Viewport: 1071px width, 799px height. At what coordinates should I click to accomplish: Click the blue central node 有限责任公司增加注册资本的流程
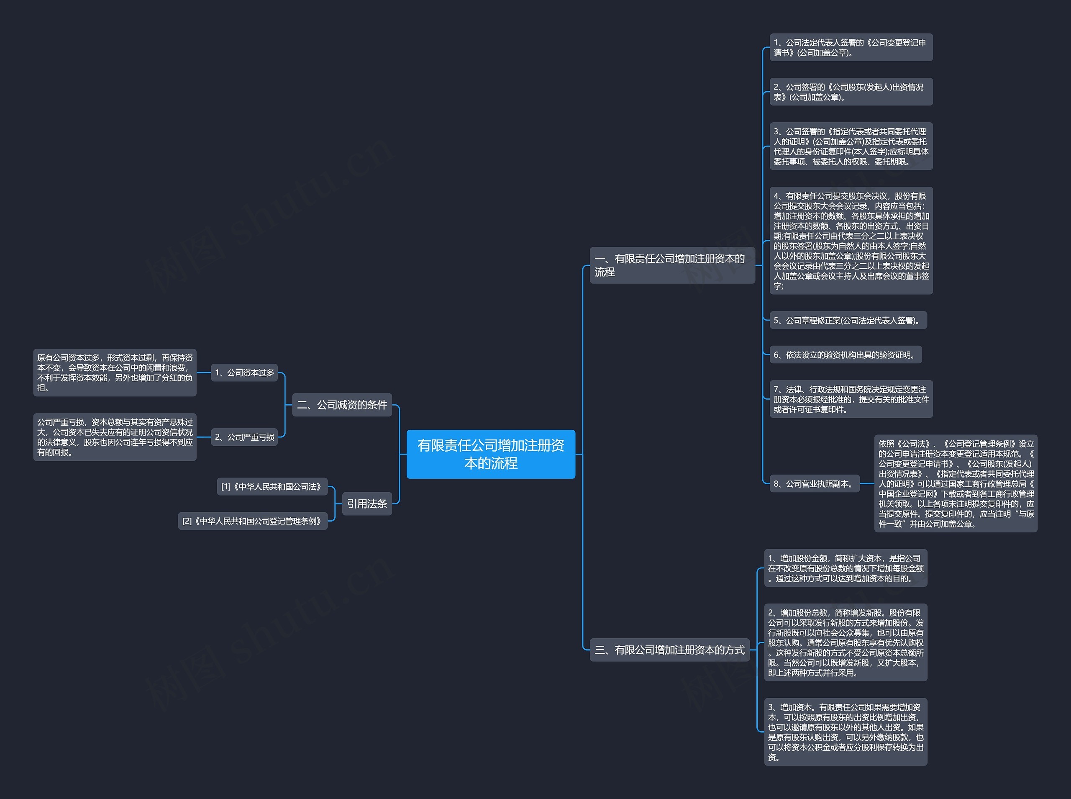[x=491, y=454]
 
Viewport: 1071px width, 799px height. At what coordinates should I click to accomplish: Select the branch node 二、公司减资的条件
[x=342, y=405]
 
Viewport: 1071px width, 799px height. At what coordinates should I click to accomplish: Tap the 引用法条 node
[x=367, y=504]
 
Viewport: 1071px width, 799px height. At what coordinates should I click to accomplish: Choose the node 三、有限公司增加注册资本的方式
[x=669, y=650]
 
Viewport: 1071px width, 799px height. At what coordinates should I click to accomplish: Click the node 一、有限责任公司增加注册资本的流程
[x=672, y=265]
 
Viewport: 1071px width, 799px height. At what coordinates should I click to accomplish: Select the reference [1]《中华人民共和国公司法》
[x=272, y=487]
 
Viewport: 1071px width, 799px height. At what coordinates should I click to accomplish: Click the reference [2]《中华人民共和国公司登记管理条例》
[x=253, y=521]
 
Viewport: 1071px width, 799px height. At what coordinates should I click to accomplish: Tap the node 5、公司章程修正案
[x=848, y=320]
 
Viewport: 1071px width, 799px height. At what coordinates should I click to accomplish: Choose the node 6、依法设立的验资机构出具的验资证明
[x=846, y=355]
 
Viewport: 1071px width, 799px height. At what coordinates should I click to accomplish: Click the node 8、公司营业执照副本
[x=815, y=484]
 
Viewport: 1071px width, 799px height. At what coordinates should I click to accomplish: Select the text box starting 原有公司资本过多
[x=115, y=373]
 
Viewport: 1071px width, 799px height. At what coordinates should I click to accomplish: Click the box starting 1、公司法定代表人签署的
[x=851, y=47]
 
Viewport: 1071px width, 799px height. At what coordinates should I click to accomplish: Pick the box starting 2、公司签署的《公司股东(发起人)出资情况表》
[x=851, y=92]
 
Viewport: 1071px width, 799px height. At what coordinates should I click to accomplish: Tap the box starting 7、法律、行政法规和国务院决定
[x=851, y=399]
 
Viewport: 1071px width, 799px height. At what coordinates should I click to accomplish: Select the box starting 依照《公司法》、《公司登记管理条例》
[x=956, y=484]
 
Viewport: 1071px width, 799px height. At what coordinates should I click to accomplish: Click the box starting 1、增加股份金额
[x=846, y=568]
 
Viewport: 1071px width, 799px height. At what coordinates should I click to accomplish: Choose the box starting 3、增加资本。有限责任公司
[x=846, y=732]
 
